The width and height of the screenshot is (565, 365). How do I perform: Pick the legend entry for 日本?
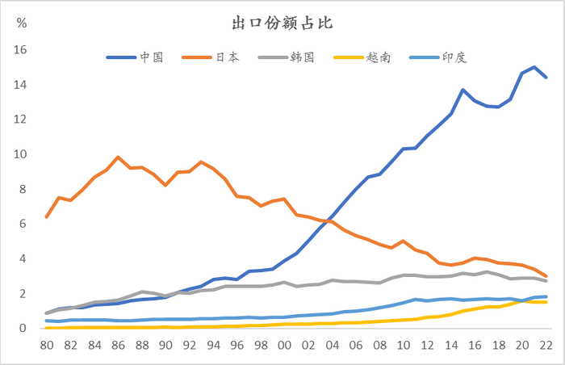coord(227,57)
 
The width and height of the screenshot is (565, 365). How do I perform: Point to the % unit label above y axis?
coord(22,23)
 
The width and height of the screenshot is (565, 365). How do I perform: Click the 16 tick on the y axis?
coord(21,50)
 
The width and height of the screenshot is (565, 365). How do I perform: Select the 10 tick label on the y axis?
coord(21,154)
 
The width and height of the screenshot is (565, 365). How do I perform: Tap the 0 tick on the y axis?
coord(24,329)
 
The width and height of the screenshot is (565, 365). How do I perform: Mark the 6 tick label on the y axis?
coord(24,224)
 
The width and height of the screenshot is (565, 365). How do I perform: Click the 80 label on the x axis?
coord(47,345)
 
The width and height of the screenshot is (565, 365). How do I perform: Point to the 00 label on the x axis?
coord(284,345)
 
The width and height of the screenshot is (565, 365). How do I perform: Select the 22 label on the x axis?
coord(546,345)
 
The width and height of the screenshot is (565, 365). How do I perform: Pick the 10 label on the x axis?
coord(404,345)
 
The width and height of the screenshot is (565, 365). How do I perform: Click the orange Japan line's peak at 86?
coord(118,157)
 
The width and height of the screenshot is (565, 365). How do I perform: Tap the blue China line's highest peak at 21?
coord(534,67)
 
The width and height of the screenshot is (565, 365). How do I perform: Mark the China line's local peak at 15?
coord(462,90)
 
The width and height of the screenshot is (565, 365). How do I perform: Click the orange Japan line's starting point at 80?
coord(47,217)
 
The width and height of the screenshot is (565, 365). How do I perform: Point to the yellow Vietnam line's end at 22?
coord(546,302)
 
